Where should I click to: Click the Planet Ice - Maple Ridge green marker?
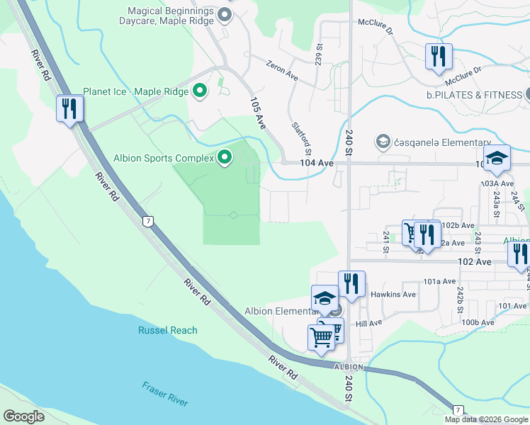click(x=200, y=91)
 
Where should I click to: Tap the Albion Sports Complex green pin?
click(x=225, y=157)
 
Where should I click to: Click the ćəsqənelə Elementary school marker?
click(x=383, y=142)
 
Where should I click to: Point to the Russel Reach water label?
click(x=168, y=330)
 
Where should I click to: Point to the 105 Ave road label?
click(x=257, y=113)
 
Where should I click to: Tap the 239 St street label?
click(x=319, y=52)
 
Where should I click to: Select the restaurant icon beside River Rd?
click(x=70, y=108)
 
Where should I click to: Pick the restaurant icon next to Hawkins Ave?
click(x=351, y=283)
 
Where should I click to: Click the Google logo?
click(x=23, y=416)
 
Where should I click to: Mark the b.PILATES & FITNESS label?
click(x=473, y=95)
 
